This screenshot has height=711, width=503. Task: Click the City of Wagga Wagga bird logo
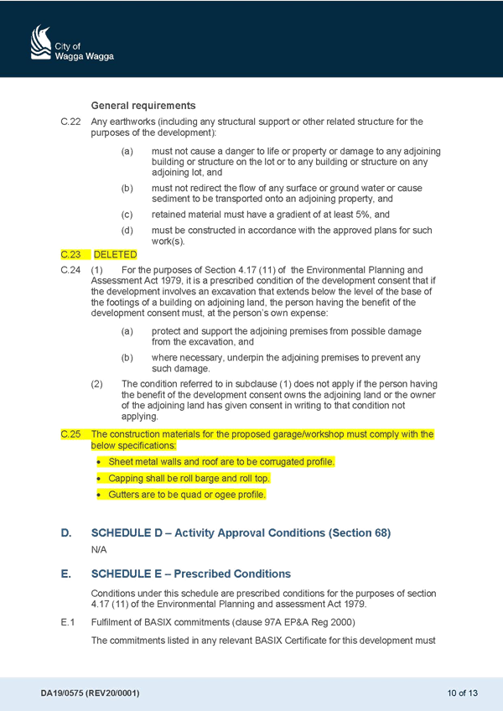tap(41, 42)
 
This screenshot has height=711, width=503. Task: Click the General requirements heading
tap(143, 106)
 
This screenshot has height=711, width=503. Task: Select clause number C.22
tap(70, 122)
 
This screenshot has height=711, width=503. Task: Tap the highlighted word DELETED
tap(115, 255)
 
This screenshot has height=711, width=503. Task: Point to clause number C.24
tap(70, 270)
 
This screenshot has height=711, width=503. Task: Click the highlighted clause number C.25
tap(70, 434)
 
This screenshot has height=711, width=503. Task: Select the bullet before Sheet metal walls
tap(99, 463)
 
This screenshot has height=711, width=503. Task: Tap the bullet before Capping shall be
tap(99, 479)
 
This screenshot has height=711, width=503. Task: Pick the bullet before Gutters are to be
tap(99, 496)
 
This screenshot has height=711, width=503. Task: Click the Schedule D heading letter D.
tap(65, 532)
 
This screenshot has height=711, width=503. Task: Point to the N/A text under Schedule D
tap(99, 550)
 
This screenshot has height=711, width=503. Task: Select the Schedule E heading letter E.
tap(65, 574)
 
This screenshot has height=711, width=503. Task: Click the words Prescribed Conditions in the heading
tap(232, 574)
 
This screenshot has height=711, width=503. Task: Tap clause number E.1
tap(68, 623)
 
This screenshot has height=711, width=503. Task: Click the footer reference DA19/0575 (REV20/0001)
tap(90, 693)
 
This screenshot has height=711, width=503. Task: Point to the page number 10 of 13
tap(462, 693)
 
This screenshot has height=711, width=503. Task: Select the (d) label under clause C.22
tap(127, 231)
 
